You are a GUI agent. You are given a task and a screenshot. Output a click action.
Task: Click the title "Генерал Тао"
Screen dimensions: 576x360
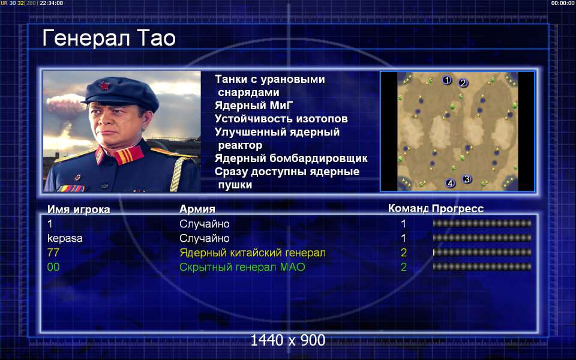[x=109, y=38]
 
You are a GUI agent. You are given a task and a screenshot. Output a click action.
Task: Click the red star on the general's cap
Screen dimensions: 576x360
[x=104, y=86]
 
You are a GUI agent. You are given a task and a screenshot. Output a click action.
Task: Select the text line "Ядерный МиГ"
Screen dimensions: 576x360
[x=254, y=106]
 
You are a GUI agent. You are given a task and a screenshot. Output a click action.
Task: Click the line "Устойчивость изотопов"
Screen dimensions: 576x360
[x=281, y=119]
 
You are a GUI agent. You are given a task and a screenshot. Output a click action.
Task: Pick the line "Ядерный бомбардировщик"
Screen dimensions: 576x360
[x=291, y=158]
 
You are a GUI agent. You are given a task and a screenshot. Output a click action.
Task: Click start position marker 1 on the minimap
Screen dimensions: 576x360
[x=446, y=80]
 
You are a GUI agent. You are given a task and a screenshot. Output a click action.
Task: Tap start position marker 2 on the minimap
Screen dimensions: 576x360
[x=463, y=83]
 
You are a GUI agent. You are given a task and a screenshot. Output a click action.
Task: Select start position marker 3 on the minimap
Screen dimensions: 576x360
[x=467, y=179]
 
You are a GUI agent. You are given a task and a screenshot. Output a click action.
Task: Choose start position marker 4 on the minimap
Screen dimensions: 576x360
[x=450, y=183]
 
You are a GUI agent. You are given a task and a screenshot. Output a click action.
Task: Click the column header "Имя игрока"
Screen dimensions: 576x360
[x=79, y=209]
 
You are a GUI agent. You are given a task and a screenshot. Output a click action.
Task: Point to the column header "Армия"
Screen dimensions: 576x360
[x=197, y=209]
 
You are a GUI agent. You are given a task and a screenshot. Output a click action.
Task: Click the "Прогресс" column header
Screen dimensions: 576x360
[x=458, y=209]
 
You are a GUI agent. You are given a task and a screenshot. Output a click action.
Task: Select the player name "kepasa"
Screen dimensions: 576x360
[x=65, y=238]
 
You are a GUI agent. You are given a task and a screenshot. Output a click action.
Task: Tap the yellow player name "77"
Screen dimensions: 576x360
[x=53, y=253]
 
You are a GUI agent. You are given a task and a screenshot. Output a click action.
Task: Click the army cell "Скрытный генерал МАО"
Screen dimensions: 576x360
[x=242, y=267]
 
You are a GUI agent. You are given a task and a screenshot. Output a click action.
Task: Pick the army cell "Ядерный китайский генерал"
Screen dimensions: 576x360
[x=253, y=253]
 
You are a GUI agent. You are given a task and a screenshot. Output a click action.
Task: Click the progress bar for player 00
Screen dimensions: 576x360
[x=482, y=267]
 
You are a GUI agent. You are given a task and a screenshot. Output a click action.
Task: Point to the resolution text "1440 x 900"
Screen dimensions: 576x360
[x=287, y=340]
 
